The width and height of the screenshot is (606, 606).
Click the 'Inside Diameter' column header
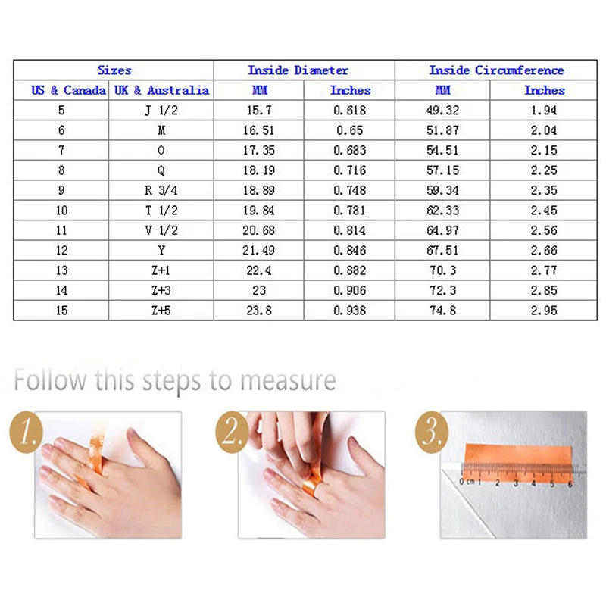[298, 70]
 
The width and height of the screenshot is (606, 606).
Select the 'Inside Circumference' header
[496, 70]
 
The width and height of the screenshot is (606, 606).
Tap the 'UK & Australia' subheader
[161, 90]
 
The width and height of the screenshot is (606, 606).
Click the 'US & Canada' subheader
[68, 90]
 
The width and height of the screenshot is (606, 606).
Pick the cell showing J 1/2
[161, 111]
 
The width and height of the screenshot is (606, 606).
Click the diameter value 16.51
[258, 130]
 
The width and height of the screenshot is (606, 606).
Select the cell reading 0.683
[350, 150]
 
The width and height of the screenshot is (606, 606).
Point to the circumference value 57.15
[443, 170]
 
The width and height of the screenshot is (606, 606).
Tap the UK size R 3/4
[161, 191]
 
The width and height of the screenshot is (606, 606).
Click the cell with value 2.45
[544, 211]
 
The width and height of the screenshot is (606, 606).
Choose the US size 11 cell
[61, 231]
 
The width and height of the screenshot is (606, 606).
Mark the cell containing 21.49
[258, 251]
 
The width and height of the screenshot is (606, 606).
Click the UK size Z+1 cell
[161, 270]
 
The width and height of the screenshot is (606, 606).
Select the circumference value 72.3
[443, 291]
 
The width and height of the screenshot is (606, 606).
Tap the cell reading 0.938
[350, 311]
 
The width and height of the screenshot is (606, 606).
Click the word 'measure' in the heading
[289, 381]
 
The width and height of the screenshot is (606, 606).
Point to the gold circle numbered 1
[26, 432]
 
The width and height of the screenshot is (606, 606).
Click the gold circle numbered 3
[432, 432]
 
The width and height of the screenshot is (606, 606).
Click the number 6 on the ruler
[570, 484]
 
